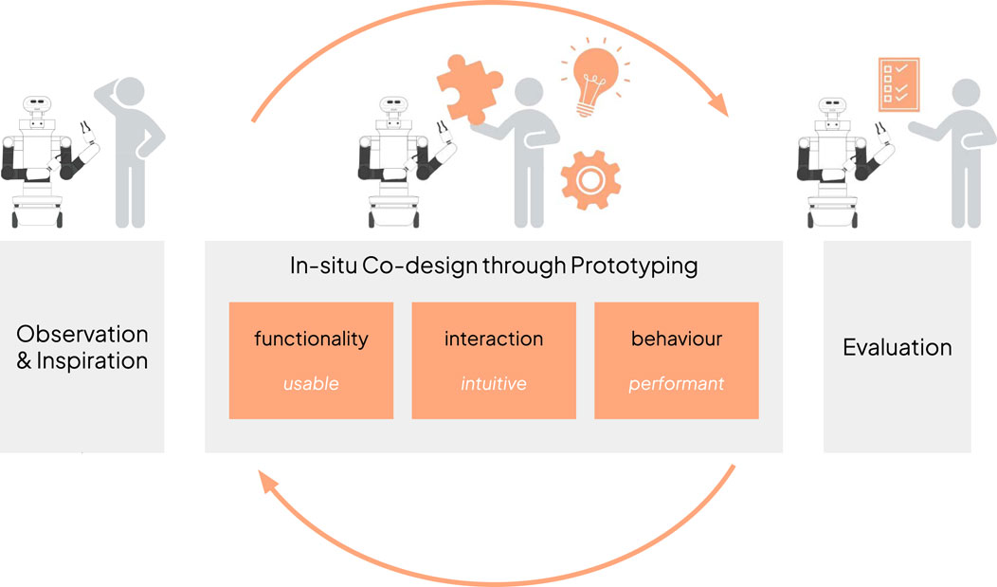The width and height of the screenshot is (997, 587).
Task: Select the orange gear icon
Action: pos(589,177)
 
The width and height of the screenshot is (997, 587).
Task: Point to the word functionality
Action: pos(311,339)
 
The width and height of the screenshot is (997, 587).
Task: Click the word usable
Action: pos(311,384)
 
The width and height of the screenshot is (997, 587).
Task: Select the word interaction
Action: pos(493,339)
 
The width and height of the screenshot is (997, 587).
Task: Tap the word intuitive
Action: pos(493,384)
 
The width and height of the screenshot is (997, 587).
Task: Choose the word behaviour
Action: pos(676,339)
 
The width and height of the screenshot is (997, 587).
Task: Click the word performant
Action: pos(676,384)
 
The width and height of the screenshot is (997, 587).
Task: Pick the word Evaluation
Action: pos(897,347)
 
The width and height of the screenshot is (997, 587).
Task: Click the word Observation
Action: pos(82,335)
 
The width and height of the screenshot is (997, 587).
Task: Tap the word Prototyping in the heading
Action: pos(634,266)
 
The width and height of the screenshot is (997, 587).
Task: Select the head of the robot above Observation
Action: pos(38,106)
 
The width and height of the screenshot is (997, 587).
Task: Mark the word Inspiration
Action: pos(92,361)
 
